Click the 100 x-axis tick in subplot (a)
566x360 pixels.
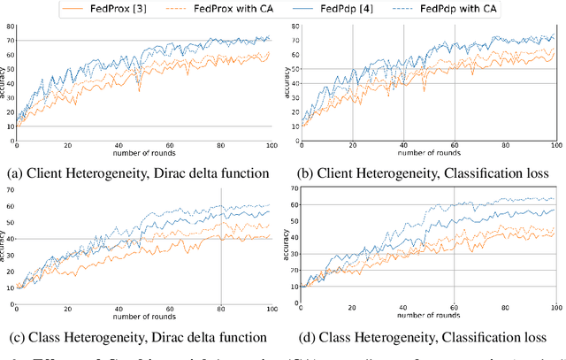(x=271, y=144)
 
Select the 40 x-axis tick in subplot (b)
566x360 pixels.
(x=403, y=144)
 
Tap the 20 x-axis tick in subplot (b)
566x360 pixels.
(x=352, y=144)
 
